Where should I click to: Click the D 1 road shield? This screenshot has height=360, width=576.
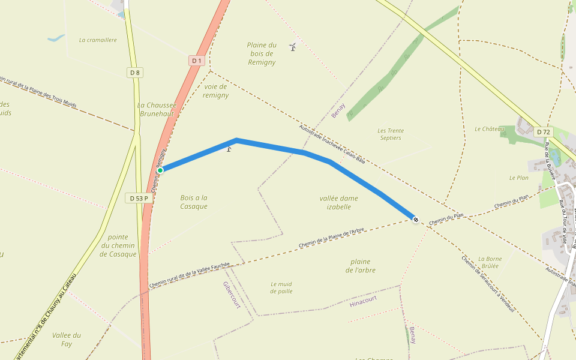click(x=196, y=60)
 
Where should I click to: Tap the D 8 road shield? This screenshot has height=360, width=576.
click(x=135, y=73)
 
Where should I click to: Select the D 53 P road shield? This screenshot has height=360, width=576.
click(x=138, y=198)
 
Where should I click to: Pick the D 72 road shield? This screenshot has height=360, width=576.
click(x=544, y=131)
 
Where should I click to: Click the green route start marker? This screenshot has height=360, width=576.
click(x=161, y=170)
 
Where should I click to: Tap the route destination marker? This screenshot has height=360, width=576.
click(x=415, y=219)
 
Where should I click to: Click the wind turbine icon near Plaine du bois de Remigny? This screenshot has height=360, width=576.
click(x=293, y=47)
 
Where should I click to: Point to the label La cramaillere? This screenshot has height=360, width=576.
click(x=98, y=40)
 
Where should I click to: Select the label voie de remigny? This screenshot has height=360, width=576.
click(x=215, y=91)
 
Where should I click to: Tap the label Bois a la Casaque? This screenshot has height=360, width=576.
click(x=194, y=202)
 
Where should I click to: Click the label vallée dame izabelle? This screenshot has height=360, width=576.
click(x=339, y=202)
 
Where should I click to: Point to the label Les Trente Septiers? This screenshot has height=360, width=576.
click(x=391, y=134)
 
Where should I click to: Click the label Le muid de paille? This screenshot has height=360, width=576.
click(x=281, y=287)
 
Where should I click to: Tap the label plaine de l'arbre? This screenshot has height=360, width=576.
click(x=361, y=266)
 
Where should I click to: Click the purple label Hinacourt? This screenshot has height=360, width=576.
click(x=363, y=301)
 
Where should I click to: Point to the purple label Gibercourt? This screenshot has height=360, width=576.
click(x=231, y=295)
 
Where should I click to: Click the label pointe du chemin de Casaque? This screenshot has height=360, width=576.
click(x=118, y=245)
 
